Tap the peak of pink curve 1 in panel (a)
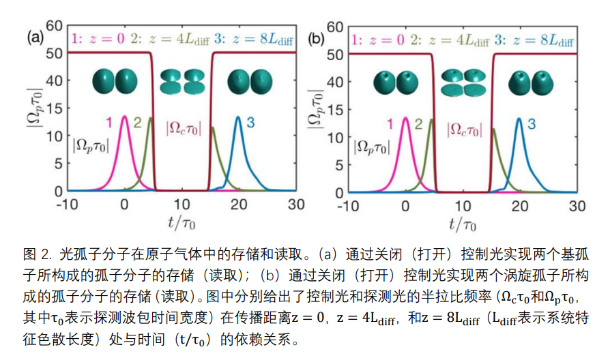pyautogui.click(x=124, y=117)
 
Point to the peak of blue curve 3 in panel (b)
pyautogui.click(x=519, y=119)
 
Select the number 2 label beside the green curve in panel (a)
pyautogui.click(x=137, y=123)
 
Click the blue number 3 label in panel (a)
pyautogui.click(x=250, y=123)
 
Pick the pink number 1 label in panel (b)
pyautogui.click(x=390, y=123)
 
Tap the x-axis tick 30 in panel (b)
pyautogui.click(x=577, y=205)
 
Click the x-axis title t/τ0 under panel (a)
pyautogui.click(x=181, y=223)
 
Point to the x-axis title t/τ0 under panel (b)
pyautogui.click(x=463, y=223)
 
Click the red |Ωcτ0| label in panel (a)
pyautogui.click(x=184, y=127)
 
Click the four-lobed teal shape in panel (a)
pyautogui.click(x=181, y=81)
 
